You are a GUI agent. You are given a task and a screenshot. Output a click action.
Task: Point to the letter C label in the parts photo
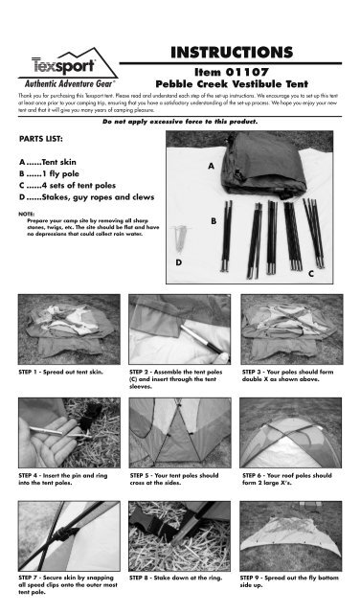pos(311,275)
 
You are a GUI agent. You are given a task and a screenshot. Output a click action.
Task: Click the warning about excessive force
pos(180,124)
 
